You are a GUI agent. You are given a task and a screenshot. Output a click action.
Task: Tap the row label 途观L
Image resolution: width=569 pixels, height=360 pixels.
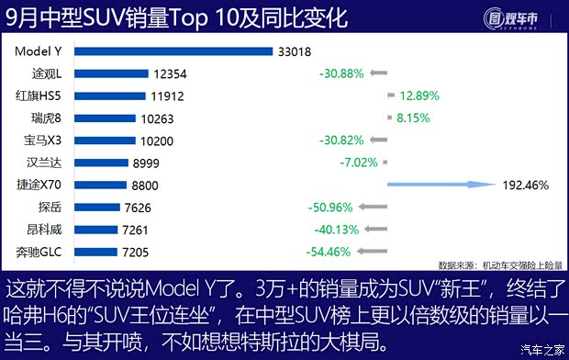(x=47, y=73)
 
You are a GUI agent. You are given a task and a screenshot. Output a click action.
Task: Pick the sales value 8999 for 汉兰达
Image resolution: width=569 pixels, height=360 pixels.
(x=150, y=163)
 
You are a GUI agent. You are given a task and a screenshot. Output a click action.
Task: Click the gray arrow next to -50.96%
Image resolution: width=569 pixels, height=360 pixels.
(x=375, y=207)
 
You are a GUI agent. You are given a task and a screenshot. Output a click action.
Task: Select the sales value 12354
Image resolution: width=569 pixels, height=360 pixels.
(x=171, y=73)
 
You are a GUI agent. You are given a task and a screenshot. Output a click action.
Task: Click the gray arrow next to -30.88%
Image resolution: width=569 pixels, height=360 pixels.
(x=380, y=73)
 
